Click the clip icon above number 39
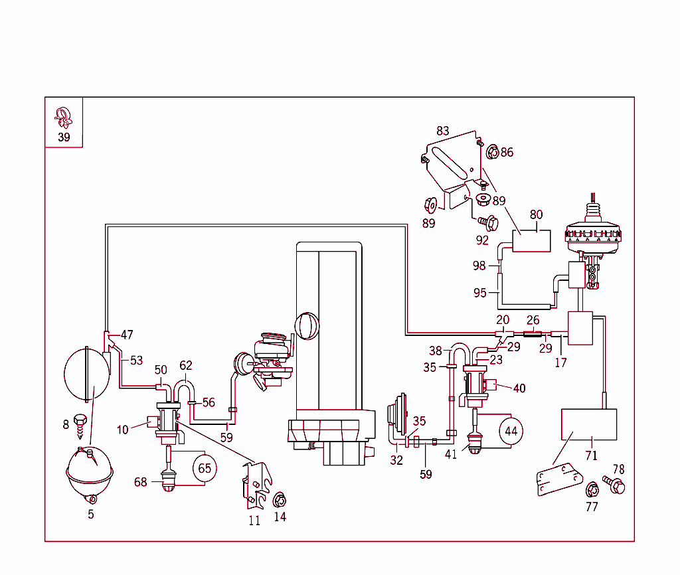[x=64, y=118]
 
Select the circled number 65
[x=205, y=467]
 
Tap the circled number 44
[x=511, y=431]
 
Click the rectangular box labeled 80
[x=531, y=240]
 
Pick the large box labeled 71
[x=590, y=425]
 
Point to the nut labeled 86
[x=493, y=152]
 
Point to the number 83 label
[x=443, y=131]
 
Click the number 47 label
[x=127, y=335]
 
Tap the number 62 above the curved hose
[x=186, y=365]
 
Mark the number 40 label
[x=519, y=388]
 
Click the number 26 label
[x=533, y=321]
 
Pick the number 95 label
[x=480, y=293]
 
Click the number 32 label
[x=396, y=460]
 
